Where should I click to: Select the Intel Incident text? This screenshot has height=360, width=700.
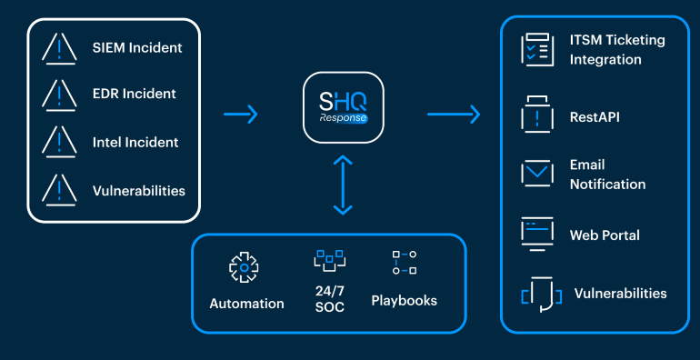click(x=135, y=142)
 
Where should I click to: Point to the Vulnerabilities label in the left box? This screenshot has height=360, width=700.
click(x=138, y=191)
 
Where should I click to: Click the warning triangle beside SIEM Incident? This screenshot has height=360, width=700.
click(x=58, y=46)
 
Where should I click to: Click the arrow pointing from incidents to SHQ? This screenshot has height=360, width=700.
click(x=241, y=114)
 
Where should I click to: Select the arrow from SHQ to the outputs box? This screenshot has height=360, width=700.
click(x=453, y=114)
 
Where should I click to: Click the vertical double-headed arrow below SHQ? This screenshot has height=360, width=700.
click(x=343, y=185)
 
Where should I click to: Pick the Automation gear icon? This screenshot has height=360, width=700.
click(x=244, y=267)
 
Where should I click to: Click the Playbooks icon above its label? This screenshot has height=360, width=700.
click(x=404, y=263)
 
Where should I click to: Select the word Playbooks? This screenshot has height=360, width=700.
click(x=404, y=300)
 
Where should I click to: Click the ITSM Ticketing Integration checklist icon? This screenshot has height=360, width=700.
click(x=537, y=50)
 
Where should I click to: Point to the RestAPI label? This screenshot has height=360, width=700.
click(x=595, y=117)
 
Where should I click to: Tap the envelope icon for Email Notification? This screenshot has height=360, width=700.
click(x=537, y=174)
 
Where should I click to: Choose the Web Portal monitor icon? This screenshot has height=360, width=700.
click(x=537, y=234)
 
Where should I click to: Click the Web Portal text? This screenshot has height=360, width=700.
click(x=605, y=235)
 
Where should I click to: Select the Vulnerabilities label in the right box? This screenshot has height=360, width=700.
click(x=620, y=294)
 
